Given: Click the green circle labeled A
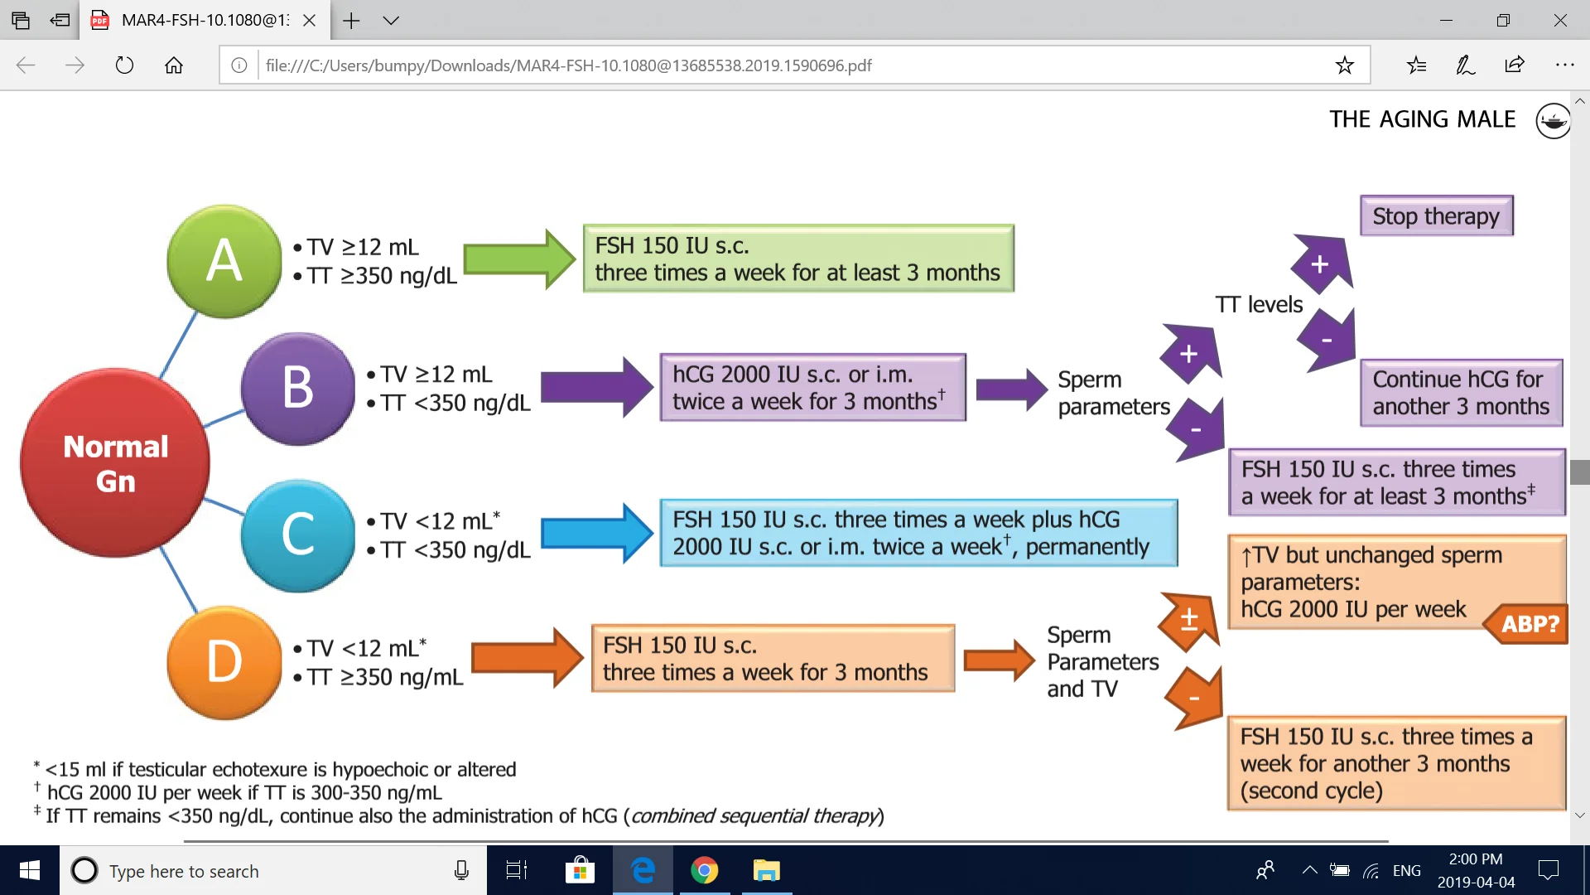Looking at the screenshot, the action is (224, 261).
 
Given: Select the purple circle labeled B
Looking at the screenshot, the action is (298, 388).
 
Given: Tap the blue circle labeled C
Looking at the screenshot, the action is (298, 535).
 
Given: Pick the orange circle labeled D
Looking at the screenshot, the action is (224, 662).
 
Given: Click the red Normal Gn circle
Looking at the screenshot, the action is (115, 463).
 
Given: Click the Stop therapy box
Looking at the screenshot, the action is (1436, 216).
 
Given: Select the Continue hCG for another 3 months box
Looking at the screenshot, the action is (1461, 393).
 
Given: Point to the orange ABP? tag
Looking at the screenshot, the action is (1525, 623).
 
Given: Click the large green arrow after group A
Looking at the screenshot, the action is (519, 259).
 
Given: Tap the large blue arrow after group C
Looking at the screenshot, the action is (597, 534).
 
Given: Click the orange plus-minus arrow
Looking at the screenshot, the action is (1188, 620).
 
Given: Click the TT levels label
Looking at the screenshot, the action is (1259, 304).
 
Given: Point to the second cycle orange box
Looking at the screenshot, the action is (1396, 763).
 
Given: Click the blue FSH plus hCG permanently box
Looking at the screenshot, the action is (918, 533).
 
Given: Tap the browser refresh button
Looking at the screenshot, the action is (124, 65).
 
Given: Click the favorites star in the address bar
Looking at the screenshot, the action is (1344, 65).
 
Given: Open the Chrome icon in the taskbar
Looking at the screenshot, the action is (704, 871).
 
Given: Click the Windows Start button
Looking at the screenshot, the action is (30, 871).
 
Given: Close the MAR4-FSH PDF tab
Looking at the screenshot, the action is (309, 21).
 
